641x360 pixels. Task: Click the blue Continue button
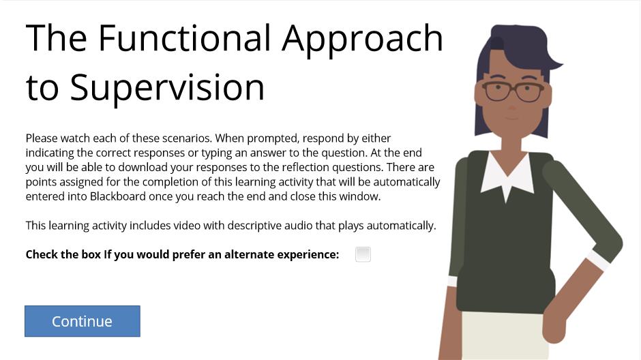coord(82,321)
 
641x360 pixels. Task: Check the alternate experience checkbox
coord(363,254)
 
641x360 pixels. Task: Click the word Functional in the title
coord(184,38)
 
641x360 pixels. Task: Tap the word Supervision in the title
coord(167,88)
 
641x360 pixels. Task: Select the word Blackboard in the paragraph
coord(118,196)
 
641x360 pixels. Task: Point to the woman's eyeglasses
coord(513,91)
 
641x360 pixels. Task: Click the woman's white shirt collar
coord(507,176)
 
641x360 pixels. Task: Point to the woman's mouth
coord(511,118)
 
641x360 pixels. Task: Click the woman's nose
coord(512,106)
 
